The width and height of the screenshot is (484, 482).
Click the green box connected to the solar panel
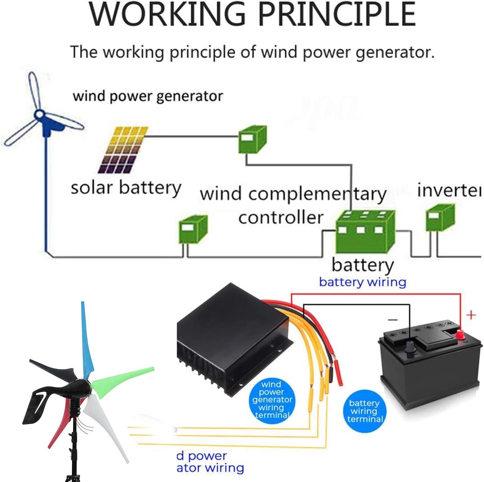coord(252,140)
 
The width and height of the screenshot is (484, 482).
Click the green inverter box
coord(440,218)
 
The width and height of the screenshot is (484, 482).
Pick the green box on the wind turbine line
coord(193,229)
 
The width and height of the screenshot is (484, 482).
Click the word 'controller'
coord(281,218)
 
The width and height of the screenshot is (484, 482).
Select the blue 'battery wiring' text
coord(362,282)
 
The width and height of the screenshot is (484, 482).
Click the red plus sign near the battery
coord(471,315)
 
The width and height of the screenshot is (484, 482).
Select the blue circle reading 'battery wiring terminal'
coord(365,411)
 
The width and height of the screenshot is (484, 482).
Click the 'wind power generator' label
coord(148,96)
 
